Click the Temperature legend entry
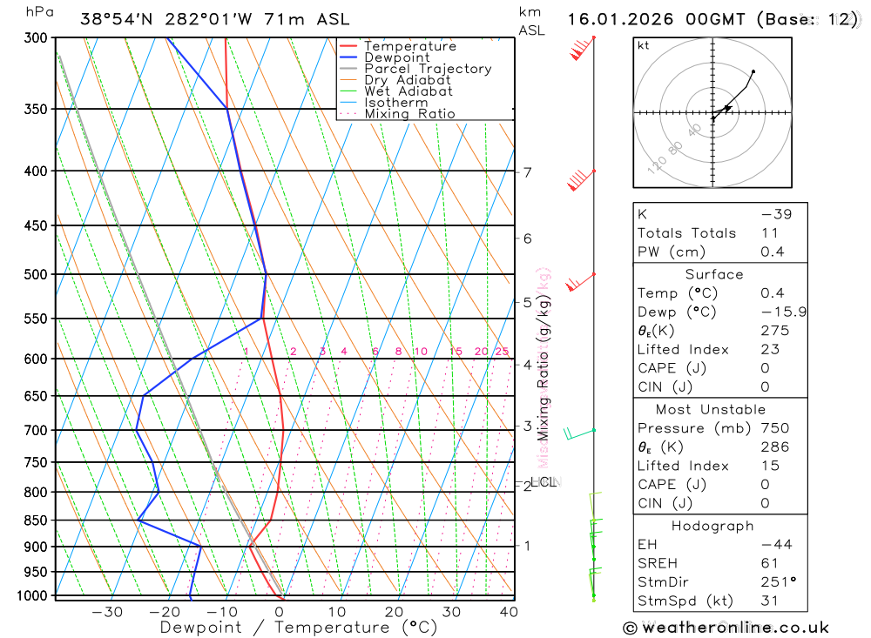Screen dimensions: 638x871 coord(409,46)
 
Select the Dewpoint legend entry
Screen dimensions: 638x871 coord(397,57)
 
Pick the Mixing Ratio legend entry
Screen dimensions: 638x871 coord(409,114)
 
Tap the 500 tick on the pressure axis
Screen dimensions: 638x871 coord(36,274)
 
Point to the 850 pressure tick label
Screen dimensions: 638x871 coord(36,520)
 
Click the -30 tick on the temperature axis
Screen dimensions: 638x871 coord(107,612)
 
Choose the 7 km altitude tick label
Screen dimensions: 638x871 coord(528,171)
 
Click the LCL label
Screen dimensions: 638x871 coord(544,481)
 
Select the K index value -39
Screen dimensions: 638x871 coord(776,214)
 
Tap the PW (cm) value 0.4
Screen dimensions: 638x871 coord(772,252)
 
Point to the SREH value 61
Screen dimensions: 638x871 coord(768,563)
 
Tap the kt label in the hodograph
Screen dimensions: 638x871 coord(644,45)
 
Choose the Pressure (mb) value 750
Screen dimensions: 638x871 coord(774,428)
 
